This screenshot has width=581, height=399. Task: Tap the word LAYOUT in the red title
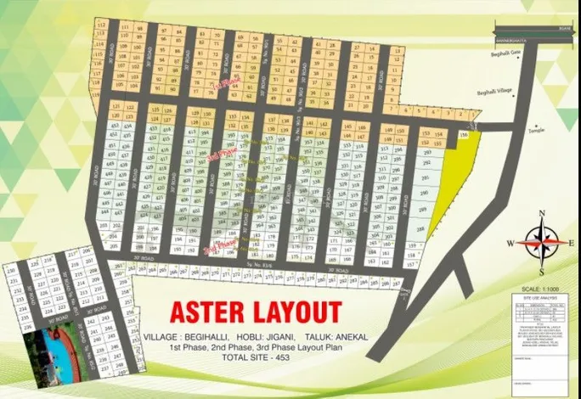point(294,312)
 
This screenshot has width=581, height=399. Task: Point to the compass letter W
point(511,244)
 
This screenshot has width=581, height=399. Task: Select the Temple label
point(535,129)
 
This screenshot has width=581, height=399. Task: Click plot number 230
point(12,271)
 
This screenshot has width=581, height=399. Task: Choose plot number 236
point(12,325)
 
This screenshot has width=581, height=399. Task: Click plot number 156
point(464,135)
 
